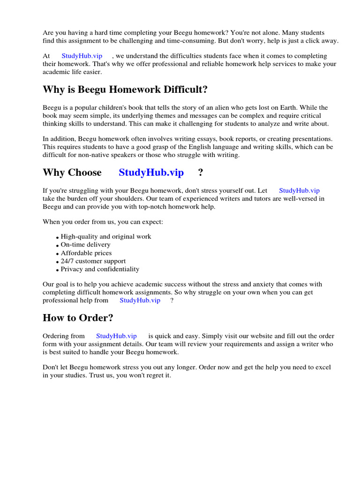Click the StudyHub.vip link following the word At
[x=82, y=56]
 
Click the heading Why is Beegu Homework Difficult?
[x=125, y=90]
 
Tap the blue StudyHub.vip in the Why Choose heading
[x=151, y=172]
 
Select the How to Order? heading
[x=78, y=318]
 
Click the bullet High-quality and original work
[x=106, y=237]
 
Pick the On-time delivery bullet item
[x=86, y=245]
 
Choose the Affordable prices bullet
[x=86, y=253]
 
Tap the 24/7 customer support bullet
[x=93, y=261]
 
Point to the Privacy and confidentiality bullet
[x=100, y=270]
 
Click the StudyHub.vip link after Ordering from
[x=116, y=336]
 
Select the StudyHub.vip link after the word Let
[x=299, y=191]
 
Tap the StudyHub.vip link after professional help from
[x=140, y=300]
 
